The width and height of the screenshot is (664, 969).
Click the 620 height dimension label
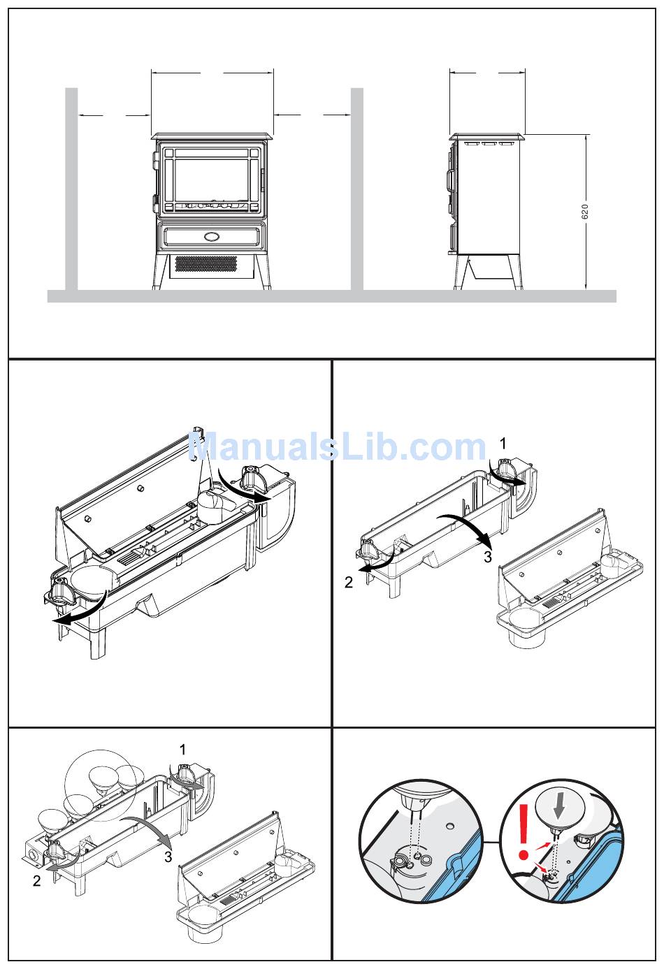[585, 212]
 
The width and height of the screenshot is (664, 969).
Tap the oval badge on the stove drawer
[212, 236]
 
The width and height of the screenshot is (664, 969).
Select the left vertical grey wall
[71, 189]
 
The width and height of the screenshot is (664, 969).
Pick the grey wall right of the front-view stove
[356, 189]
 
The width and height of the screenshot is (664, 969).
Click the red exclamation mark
[524, 831]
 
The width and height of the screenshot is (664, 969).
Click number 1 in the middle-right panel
[503, 444]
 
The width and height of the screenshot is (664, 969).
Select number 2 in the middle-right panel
[349, 582]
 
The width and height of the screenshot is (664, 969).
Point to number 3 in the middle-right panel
[488, 556]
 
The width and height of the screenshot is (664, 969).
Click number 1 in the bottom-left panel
[182, 749]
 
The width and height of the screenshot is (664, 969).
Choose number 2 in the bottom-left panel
[37, 880]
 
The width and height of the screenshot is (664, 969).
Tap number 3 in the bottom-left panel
[168, 857]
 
